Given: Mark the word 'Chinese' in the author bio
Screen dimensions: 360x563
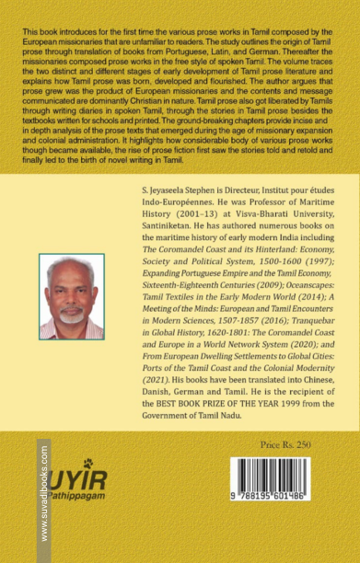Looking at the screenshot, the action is coord(324,403).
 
